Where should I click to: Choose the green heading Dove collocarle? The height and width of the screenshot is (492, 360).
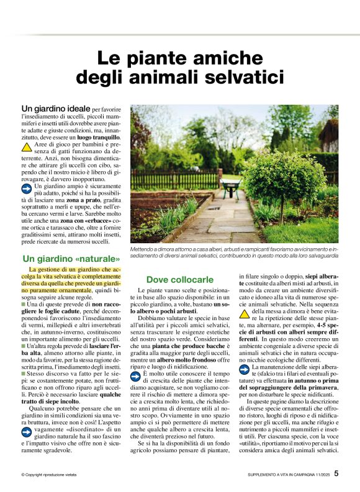(x=179, y=280)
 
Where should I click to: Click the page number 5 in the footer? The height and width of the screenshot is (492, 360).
(x=336, y=473)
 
